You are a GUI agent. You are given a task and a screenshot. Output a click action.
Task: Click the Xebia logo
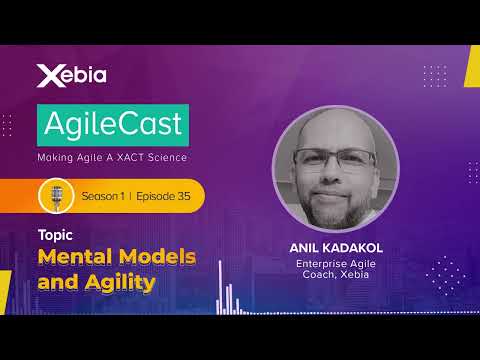71,74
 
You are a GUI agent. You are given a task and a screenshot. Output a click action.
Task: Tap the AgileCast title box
111,125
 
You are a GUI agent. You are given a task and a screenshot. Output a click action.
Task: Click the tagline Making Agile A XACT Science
111,157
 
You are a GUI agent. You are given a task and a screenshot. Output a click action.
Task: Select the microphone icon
51,196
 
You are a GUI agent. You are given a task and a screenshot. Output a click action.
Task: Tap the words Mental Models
115,257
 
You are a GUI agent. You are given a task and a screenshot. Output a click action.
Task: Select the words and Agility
96,282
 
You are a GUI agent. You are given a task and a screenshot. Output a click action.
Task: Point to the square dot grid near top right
435,76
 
